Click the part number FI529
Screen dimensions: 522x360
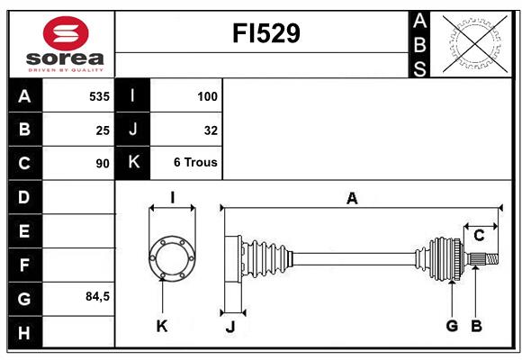click(x=266, y=33)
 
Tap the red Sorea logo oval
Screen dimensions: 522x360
click(x=66, y=33)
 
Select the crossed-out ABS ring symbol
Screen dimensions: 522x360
click(x=475, y=44)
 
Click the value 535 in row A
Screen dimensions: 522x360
click(x=99, y=96)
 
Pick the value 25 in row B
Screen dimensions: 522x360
click(x=103, y=130)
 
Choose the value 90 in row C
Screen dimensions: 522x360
click(x=103, y=164)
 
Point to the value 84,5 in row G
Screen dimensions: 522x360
click(x=97, y=296)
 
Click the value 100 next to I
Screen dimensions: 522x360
click(x=207, y=96)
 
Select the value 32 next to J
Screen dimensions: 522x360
click(x=211, y=130)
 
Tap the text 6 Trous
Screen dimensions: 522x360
click(x=195, y=162)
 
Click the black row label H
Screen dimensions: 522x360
click(x=25, y=332)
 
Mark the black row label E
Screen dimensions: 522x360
click(x=25, y=230)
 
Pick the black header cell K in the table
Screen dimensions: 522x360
click(x=132, y=162)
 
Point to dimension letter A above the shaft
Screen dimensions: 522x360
click(x=352, y=199)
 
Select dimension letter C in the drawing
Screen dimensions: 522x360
click(x=479, y=236)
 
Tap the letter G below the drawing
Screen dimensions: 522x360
click(x=452, y=326)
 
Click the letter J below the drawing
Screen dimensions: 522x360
click(x=230, y=327)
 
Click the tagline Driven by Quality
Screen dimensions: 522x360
click(x=66, y=70)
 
